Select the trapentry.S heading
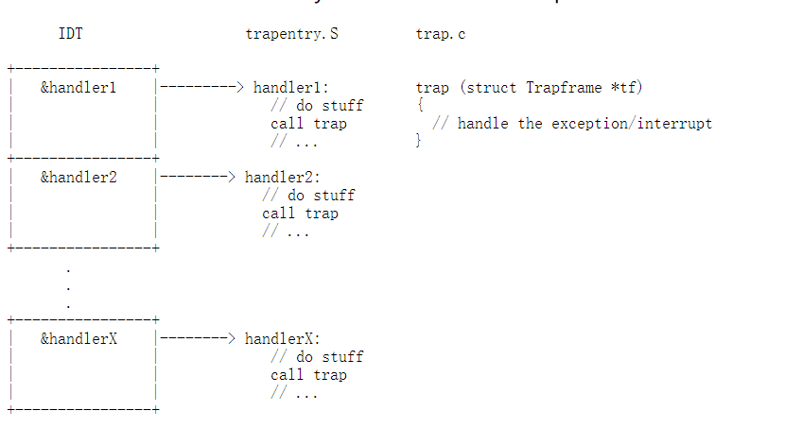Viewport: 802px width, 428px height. [x=291, y=35]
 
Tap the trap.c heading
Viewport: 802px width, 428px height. [x=441, y=35]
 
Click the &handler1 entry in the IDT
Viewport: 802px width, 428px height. [x=78, y=88]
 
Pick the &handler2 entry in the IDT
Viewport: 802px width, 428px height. [x=78, y=177]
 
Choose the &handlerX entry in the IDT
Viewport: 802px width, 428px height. [x=78, y=338]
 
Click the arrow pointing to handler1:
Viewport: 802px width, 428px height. [x=201, y=88]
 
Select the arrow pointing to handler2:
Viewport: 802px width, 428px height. [x=197, y=177]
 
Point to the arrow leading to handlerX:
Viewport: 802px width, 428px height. [x=197, y=338]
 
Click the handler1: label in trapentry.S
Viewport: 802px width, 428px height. [x=290, y=88]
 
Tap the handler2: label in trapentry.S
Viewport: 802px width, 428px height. [x=283, y=177]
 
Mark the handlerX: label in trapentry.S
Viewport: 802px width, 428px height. [x=283, y=338]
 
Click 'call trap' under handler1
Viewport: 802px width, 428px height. [x=308, y=124]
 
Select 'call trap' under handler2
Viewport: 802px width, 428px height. [x=300, y=214]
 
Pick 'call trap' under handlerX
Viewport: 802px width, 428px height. [x=308, y=375]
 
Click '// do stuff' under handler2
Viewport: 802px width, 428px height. [x=308, y=196]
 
